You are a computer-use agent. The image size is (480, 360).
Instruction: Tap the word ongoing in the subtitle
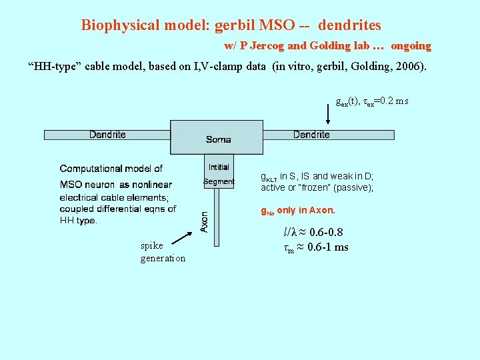pos(411,46)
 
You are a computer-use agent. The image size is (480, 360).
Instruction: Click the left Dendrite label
pos(107,135)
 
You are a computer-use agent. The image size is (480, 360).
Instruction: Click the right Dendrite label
pos(311,135)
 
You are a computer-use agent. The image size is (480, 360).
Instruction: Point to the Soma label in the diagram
pos(218,139)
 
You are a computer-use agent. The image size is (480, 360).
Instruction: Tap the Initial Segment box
pos(219,173)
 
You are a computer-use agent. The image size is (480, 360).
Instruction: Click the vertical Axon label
pos(205,222)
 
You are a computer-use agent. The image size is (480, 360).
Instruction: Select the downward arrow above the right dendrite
pos(328,114)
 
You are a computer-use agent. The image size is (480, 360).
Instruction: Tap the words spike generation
pos(163,252)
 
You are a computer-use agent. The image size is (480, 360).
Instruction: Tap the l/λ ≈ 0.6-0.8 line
pos(313,233)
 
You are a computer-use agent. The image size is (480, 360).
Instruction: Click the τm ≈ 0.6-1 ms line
pos(316,247)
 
